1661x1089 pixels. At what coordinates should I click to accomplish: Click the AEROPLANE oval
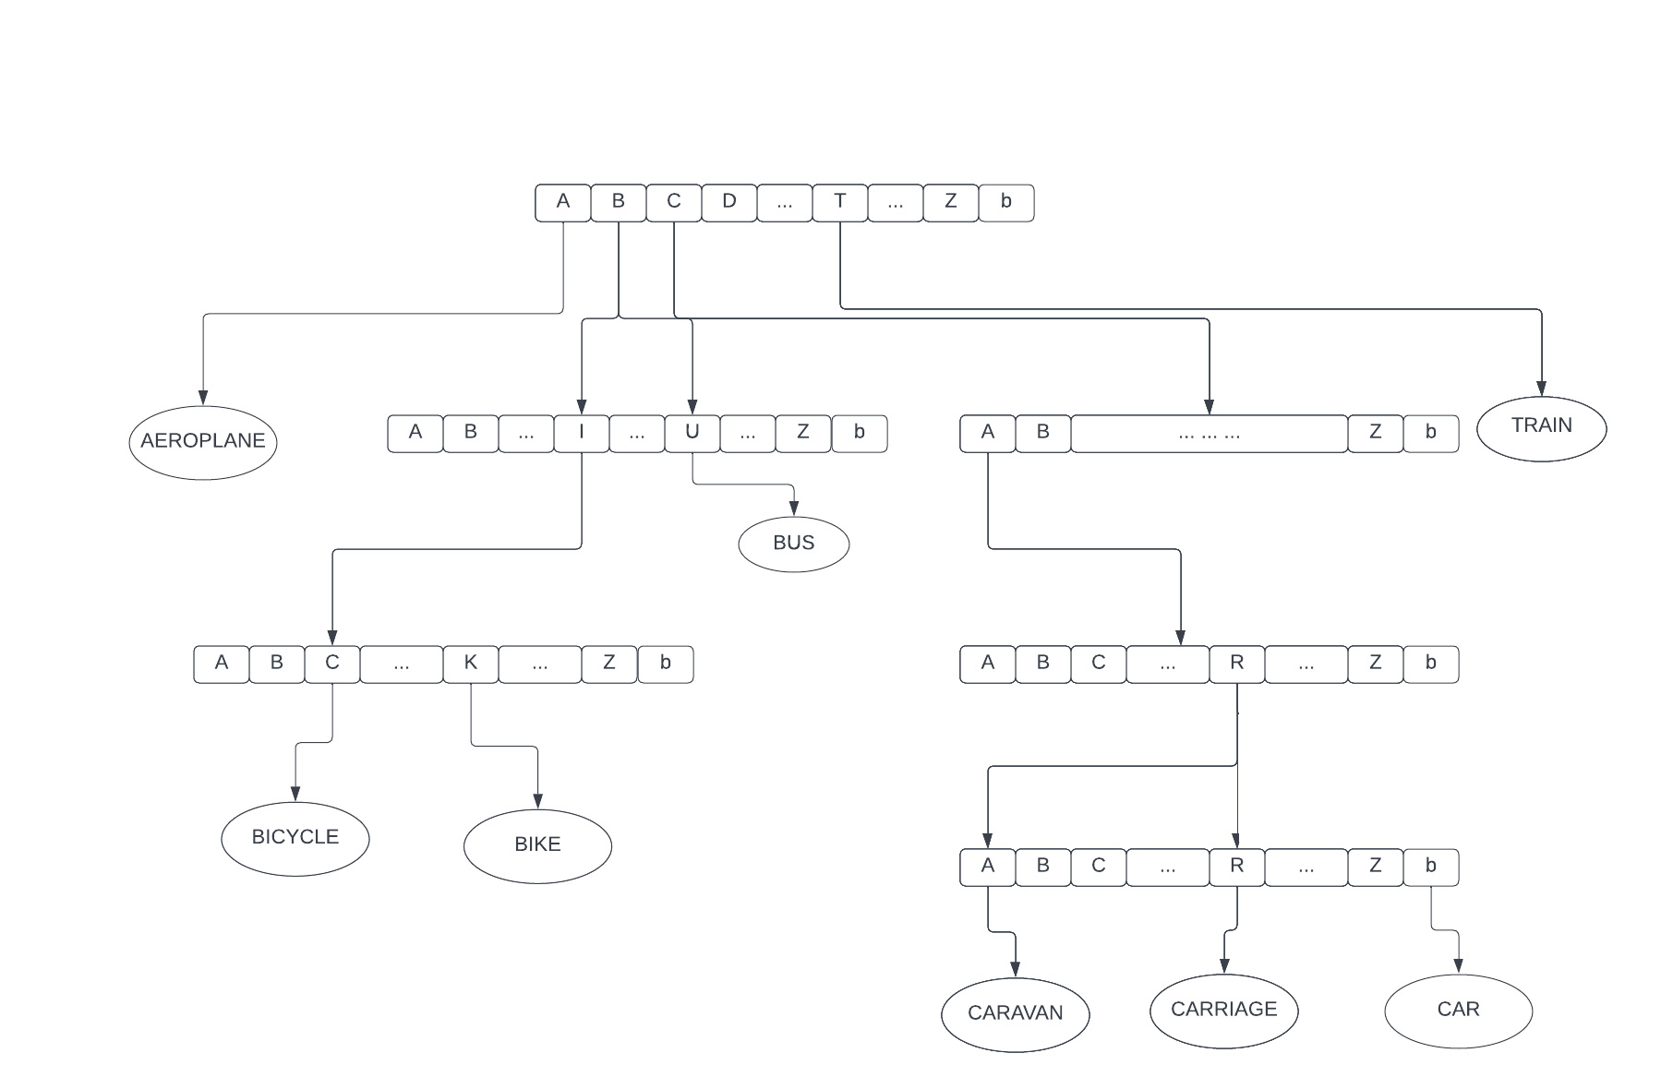point(203,442)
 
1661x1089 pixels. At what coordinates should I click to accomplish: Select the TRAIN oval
point(1541,427)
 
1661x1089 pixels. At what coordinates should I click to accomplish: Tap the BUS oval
point(793,544)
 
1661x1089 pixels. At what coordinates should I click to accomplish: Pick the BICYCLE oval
point(295,838)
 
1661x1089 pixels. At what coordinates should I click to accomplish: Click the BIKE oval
point(537,845)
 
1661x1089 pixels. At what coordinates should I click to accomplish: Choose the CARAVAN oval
point(1015,1013)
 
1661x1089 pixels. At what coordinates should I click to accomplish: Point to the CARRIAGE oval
point(1223,1010)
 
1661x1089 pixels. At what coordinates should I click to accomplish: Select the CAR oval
point(1458,1010)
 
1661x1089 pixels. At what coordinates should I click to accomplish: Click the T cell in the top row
point(839,202)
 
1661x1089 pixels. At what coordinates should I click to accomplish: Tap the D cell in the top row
point(728,202)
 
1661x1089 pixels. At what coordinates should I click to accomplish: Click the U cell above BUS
point(692,433)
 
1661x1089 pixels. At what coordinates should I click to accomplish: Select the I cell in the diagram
point(581,433)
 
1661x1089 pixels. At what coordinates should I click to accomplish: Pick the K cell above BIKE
point(470,664)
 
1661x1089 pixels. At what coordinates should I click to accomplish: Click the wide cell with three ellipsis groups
point(1209,433)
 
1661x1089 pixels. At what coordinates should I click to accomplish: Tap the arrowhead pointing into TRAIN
point(1541,389)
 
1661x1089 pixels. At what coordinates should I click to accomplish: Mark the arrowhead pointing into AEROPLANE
point(203,398)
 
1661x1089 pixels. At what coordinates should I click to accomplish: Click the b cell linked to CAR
point(1430,867)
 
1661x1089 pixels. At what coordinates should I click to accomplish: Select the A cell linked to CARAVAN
point(987,867)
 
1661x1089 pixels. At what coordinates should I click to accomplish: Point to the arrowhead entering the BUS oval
point(793,509)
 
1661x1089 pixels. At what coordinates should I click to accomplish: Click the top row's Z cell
point(950,202)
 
